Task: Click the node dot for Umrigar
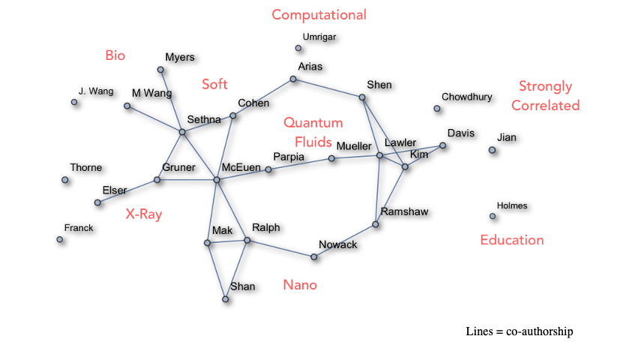pos(298,49)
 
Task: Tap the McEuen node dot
pos(217,180)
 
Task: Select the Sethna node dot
pos(182,132)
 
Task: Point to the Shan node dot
pos(225,299)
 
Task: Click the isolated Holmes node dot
pos(493,217)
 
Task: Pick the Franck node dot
pos(60,239)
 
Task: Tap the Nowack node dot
pos(314,257)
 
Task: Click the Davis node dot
pos(443,145)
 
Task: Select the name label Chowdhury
pos(466,97)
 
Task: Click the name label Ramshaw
pos(404,211)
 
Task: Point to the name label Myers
pos(180,57)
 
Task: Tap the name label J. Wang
pos(96,91)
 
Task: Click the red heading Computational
pos(319,15)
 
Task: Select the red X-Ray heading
pos(144,214)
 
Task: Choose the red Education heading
pos(512,240)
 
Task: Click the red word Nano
pos(300,285)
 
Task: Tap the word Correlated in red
pos(546,106)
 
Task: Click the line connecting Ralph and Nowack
pos(280,249)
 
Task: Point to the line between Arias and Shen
pos(328,88)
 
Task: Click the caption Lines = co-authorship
pos(519,331)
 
